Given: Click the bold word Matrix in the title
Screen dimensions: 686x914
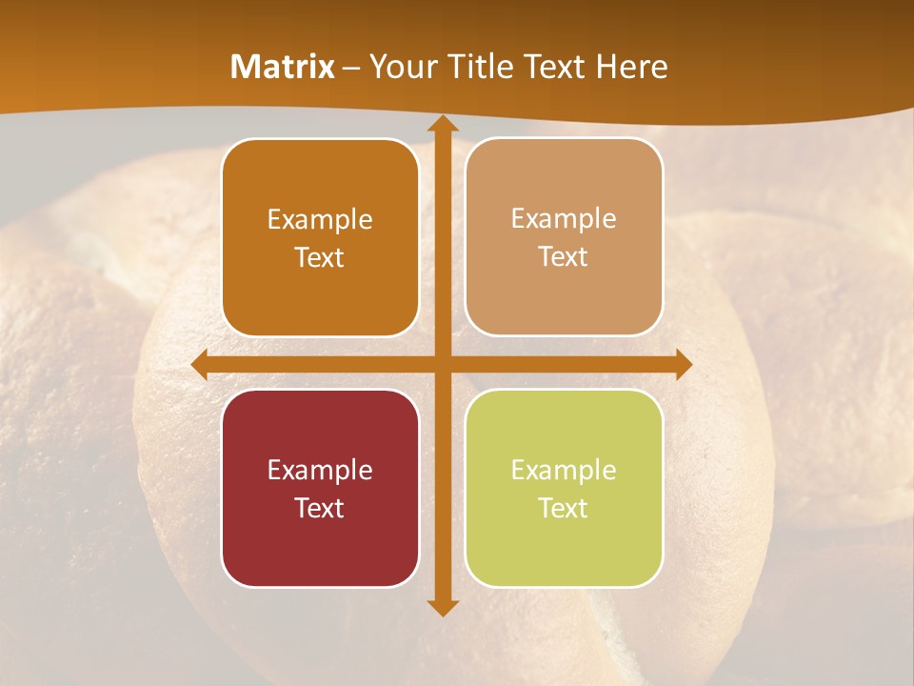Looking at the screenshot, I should [x=283, y=67].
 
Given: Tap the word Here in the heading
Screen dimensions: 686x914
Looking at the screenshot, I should [x=631, y=67].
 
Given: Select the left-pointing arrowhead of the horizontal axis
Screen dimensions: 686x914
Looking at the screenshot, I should [x=200, y=365].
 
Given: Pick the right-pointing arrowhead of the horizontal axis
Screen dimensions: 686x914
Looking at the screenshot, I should [x=683, y=365].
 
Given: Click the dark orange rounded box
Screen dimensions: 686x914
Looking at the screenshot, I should [x=320, y=237].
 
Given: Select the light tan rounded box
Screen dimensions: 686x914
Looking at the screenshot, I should [x=564, y=237].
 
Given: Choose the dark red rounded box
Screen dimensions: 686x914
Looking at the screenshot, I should [x=320, y=488].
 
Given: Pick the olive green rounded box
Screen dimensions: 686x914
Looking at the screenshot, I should [x=564, y=488].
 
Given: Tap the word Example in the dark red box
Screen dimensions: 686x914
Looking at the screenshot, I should [x=320, y=470].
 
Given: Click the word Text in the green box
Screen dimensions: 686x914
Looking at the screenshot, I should [x=564, y=508].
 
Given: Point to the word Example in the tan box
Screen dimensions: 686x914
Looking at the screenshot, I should [x=564, y=219].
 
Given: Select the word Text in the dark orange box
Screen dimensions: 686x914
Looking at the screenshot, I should [x=320, y=257].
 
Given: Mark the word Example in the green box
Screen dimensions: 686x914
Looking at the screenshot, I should [x=564, y=470].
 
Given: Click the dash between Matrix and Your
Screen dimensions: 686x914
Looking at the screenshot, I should [x=351, y=68].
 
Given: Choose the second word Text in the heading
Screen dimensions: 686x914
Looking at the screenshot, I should [x=556, y=67].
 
